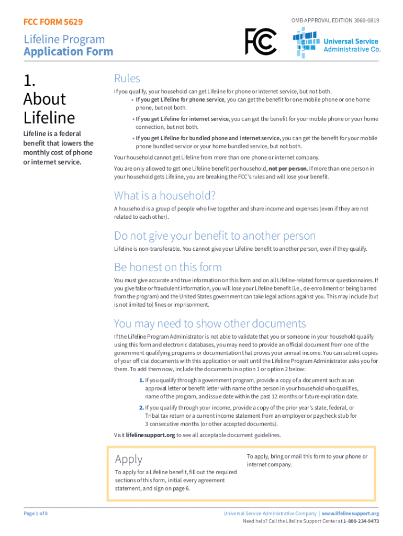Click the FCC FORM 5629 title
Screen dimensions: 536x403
tap(53, 22)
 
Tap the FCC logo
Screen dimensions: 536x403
tap(261, 41)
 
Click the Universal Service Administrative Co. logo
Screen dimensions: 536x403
tap(337, 41)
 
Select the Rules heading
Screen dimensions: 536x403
tap(127, 79)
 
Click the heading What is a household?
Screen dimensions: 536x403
tap(165, 196)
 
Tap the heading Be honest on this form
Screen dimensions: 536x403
tap(168, 267)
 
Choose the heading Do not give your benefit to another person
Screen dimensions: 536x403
tap(215, 236)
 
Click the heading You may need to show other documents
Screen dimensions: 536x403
tap(210, 323)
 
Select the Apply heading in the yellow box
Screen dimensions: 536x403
tap(129, 459)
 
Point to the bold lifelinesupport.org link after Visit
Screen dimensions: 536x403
tap(151, 435)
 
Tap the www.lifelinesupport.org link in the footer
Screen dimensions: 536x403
tap(350, 513)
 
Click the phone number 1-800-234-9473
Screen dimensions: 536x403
tap(361, 521)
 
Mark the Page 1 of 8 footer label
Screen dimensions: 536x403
tap(36, 513)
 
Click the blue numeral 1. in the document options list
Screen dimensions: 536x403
tap(141, 380)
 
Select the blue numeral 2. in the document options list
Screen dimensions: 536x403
tap(141, 407)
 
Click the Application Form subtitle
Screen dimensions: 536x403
tap(68, 51)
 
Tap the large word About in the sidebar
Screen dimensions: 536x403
tap(44, 99)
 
